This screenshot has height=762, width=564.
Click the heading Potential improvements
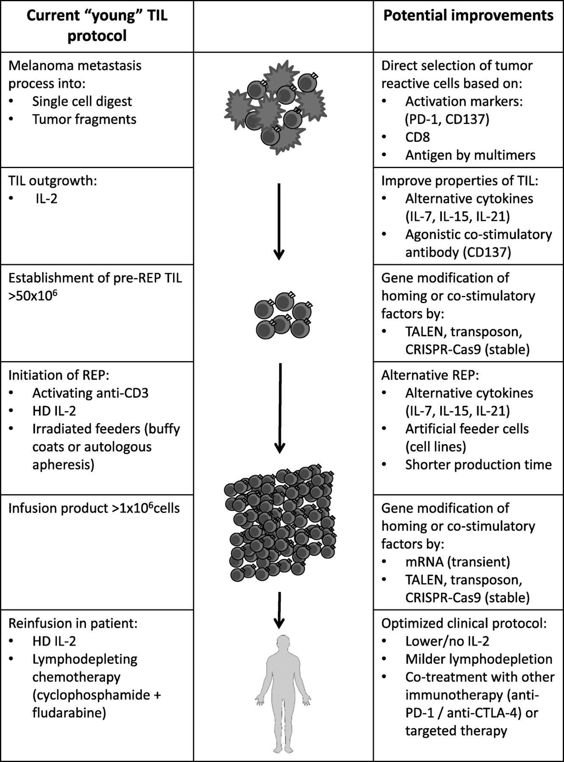[x=468, y=16]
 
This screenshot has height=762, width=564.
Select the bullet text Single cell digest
[x=82, y=102]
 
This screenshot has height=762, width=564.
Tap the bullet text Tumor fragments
[x=84, y=119]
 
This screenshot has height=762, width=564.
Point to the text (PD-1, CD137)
[x=447, y=119]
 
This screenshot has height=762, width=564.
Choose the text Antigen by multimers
[x=470, y=155]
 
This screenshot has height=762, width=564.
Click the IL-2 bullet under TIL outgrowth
[x=46, y=199]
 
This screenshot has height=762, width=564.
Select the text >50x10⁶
[x=33, y=295]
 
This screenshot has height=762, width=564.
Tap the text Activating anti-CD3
[x=91, y=393]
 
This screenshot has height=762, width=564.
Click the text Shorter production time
[x=478, y=465]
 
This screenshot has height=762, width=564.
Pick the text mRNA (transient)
[x=458, y=562]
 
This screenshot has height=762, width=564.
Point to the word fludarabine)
[x=69, y=713]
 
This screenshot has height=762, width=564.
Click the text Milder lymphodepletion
[x=479, y=659]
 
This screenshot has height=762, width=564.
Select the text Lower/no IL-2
[x=447, y=641]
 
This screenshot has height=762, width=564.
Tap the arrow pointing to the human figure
[x=279, y=610]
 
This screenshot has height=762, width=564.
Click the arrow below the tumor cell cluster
[x=278, y=221]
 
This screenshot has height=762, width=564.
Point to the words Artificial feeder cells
[x=467, y=429]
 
